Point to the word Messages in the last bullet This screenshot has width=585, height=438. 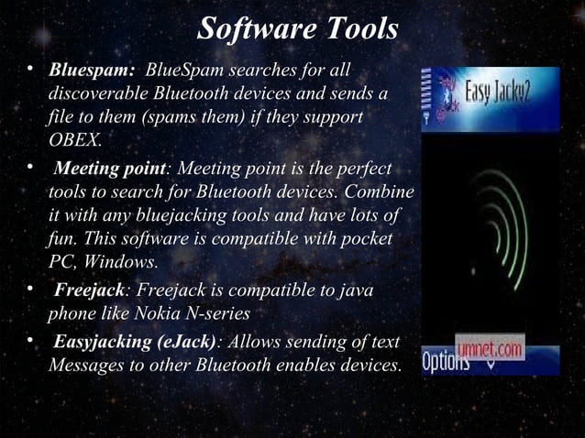click(x=81, y=366)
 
